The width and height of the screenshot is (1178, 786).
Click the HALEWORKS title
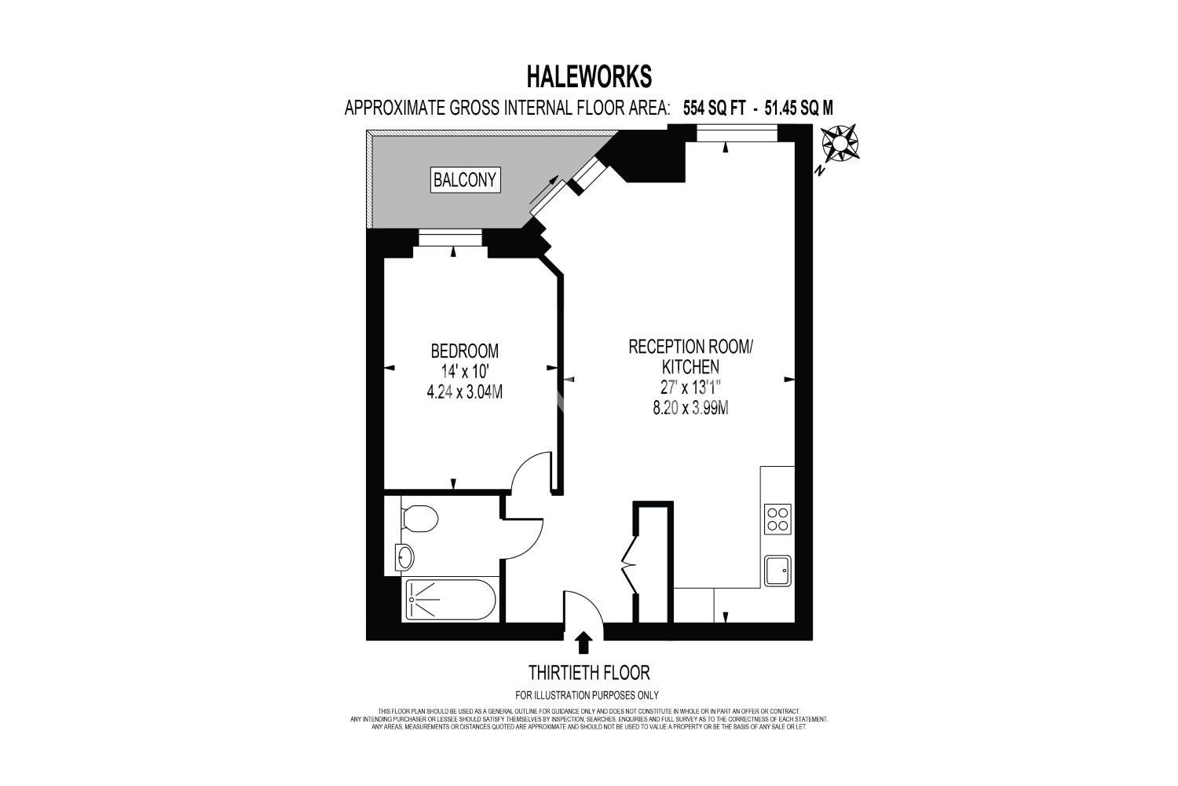pos(589,77)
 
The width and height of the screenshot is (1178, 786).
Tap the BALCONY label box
pos(465,180)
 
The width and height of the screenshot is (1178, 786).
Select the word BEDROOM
pos(464,351)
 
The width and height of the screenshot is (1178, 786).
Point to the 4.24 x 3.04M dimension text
pos(464,391)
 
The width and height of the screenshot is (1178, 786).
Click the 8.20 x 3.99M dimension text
pos(690,407)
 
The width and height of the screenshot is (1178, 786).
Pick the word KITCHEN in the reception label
pos(690,366)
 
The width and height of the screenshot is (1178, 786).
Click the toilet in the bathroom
pos(419,519)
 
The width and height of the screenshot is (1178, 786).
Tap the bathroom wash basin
pos(405,557)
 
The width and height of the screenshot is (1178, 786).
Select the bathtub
pos(449,601)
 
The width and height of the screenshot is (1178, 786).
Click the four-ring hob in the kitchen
pos(777,520)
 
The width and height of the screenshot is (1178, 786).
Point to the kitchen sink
pos(777,571)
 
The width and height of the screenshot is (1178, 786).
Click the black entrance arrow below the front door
pos(584,643)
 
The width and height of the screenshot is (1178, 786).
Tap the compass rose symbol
pos(840,143)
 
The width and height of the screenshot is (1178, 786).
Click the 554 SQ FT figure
pos(714,108)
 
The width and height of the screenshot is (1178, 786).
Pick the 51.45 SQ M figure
pos(799,108)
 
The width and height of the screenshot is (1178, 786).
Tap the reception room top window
pos(737,133)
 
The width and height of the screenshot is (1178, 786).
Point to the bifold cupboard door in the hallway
pos(630,564)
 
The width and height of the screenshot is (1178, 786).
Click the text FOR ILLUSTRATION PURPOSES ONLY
pos(587,695)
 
